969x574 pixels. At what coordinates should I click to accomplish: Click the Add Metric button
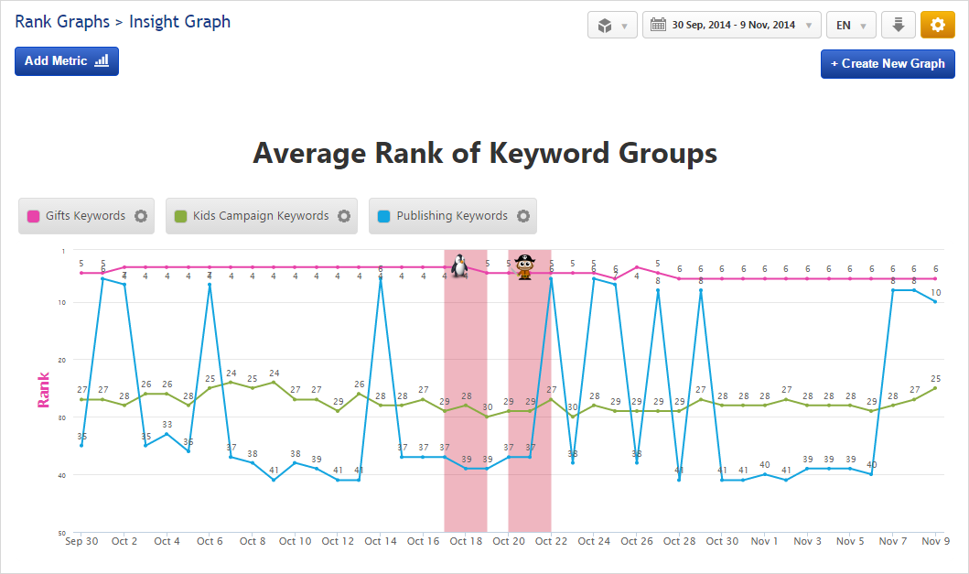point(67,61)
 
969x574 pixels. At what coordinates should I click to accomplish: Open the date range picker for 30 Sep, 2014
point(732,26)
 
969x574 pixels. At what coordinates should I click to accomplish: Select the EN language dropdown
point(851,26)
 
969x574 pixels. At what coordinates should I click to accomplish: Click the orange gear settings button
point(937,26)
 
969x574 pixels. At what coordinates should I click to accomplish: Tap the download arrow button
point(898,26)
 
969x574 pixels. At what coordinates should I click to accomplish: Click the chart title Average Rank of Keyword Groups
point(484,153)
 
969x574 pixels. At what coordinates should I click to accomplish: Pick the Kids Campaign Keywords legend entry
point(261,216)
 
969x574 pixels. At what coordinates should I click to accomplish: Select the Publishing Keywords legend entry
point(452,216)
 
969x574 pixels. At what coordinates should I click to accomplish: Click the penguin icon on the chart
point(459,266)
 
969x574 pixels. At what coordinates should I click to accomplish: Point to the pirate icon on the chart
point(524,266)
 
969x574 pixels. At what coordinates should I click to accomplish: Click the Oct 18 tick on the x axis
point(465,542)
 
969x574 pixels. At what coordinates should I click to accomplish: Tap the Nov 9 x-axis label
point(935,542)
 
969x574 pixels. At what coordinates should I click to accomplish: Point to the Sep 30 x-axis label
point(81,542)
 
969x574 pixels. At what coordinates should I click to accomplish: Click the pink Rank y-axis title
point(43,389)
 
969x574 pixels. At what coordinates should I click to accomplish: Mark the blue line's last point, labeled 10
point(935,302)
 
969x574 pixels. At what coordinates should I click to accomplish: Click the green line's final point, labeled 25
point(935,388)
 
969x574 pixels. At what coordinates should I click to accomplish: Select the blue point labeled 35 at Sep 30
point(81,445)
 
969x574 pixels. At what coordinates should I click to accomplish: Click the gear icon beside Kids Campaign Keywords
point(344,216)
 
